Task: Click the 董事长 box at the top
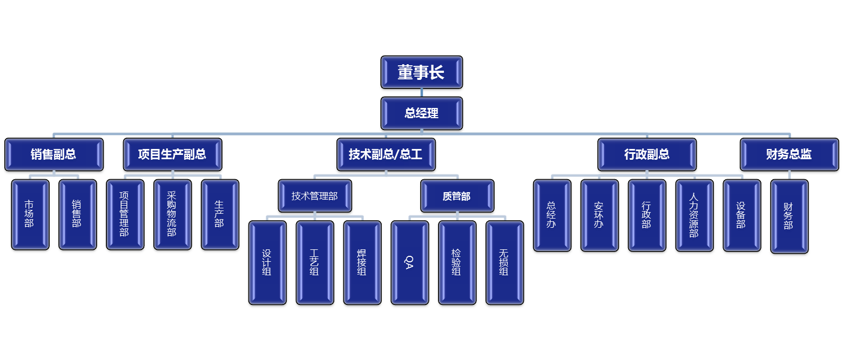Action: click(421, 72)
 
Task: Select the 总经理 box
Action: click(421, 113)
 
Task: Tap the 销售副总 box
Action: click(53, 154)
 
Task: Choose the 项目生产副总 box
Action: click(172, 154)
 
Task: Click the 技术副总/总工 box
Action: click(386, 154)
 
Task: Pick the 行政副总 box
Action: click(647, 154)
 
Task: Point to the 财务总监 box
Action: click(788, 154)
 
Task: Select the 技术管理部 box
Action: click(315, 196)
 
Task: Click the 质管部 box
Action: click(457, 196)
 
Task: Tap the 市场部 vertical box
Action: click(30, 214)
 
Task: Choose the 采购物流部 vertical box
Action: click(172, 214)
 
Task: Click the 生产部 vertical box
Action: click(219, 214)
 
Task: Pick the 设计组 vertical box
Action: click(267, 263)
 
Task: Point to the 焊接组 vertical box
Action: click(362, 263)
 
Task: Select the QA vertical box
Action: click(409, 263)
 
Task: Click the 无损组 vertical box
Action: click(504, 263)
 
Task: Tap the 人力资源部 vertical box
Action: click(694, 215)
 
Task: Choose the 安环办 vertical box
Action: click(599, 215)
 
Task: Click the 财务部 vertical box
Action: click(788, 216)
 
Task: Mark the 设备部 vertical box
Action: click(741, 215)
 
